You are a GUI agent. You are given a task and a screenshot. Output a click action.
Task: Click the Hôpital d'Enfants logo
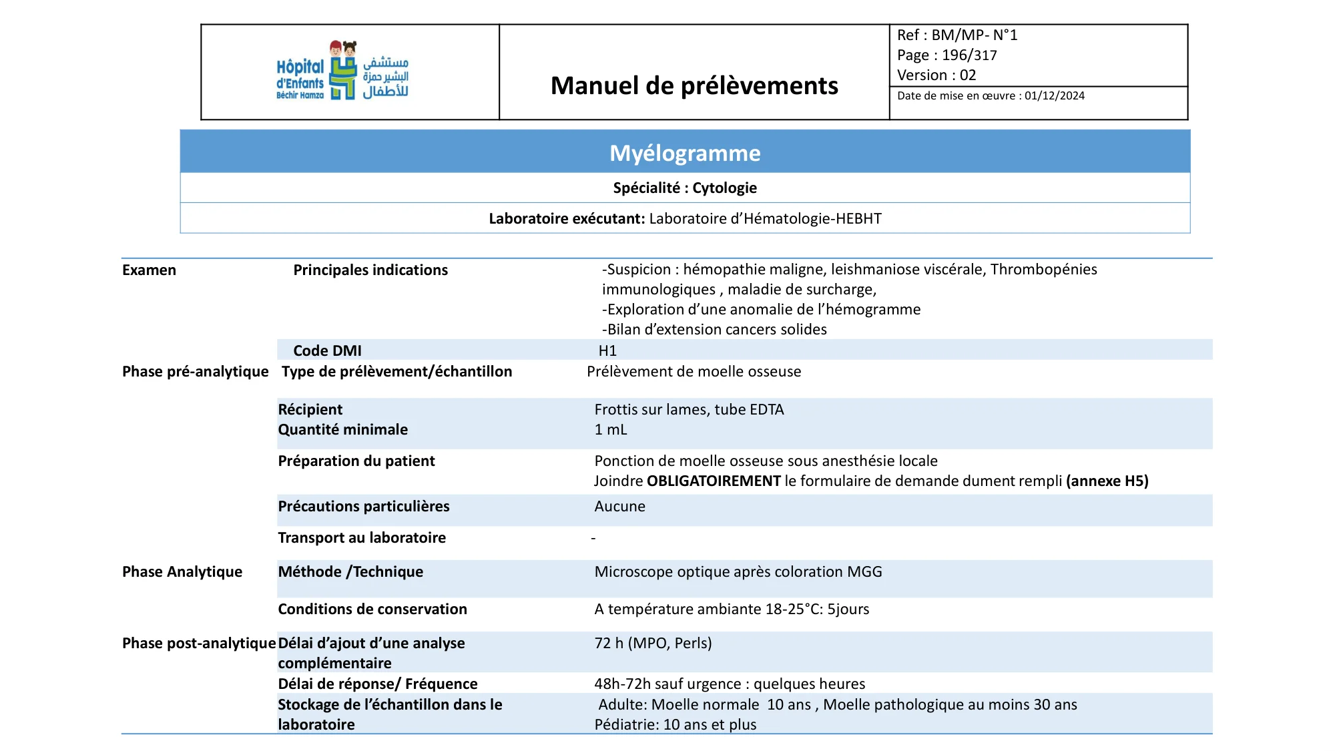342,71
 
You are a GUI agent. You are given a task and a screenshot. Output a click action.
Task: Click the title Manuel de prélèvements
694,86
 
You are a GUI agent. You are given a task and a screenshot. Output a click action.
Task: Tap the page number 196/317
969,55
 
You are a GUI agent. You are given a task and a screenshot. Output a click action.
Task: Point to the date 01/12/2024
1055,96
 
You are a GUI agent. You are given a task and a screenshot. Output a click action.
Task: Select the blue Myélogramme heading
685,153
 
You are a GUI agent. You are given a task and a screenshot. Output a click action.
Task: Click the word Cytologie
724,188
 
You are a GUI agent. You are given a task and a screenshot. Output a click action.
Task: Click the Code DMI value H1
607,351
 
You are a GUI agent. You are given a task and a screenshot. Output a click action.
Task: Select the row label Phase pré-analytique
195,372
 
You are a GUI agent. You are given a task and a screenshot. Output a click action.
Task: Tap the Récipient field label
310,410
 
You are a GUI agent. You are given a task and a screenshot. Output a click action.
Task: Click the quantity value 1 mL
611,430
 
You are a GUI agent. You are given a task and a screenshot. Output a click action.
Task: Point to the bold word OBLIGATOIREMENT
714,481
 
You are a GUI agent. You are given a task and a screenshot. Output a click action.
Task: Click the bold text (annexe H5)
1107,481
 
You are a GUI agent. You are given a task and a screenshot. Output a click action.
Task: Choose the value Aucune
619,507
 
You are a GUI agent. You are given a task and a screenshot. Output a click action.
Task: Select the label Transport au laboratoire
362,538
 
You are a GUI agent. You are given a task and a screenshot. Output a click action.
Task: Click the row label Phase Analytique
182,572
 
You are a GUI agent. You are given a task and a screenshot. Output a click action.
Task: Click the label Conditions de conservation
372,609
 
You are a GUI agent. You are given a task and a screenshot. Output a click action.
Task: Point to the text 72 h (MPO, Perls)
653,644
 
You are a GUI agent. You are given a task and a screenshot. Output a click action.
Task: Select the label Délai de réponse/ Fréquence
378,684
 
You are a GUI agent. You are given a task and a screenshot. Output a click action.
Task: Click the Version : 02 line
937,75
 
